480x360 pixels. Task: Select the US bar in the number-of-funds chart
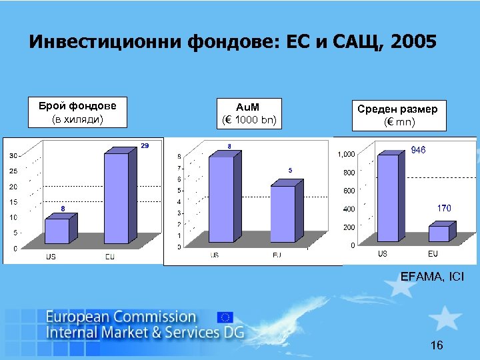pyautogui.click(x=57, y=231)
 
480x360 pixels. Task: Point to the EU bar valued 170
pyautogui.click(x=439, y=234)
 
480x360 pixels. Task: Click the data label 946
pyautogui.click(x=418, y=151)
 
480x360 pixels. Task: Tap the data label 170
pyautogui.click(x=444, y=209)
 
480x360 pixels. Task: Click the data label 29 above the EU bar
pyautogui.click(x=145, y=145)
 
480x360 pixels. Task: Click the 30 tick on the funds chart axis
pyautogui.click(x=13, y=155)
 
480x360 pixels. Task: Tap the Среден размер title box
pyautogui.click(x=397, y=115)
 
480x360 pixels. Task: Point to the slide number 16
pyautogui.click(x=437, y=345)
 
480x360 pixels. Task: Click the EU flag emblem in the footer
pyautogui.click(x=225, y=317)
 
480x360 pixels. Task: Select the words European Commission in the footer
pyautogui.click(x=121, y=317)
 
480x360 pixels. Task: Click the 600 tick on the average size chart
pyautogui.click(x=347, y=191)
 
